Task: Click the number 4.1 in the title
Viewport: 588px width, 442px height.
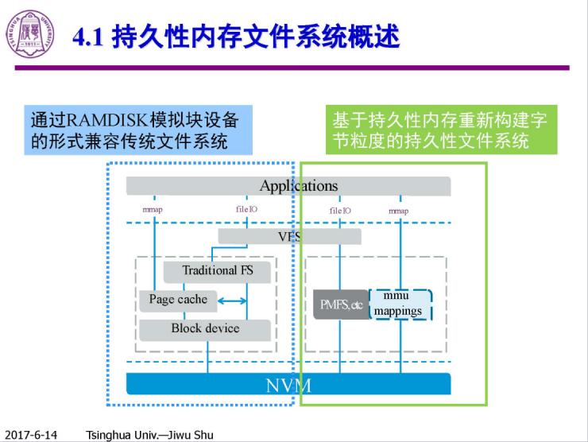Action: pos(88,37)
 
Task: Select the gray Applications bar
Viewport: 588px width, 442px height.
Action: pos(288,186)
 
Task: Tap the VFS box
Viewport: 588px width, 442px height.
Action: pos(289,236)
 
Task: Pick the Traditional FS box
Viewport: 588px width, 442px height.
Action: pos(217,270)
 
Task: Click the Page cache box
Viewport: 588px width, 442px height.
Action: pos(178,300)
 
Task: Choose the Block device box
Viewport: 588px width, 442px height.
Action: pos(205,328)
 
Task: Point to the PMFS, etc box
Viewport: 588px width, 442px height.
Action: pos(341,304)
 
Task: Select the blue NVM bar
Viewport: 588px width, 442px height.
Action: pos(288,386)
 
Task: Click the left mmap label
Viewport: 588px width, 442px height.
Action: pos(153,210)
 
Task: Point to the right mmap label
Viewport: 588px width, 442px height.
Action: pos(399,211)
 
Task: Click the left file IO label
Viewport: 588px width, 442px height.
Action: pos(246,210)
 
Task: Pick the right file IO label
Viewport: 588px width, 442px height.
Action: pos(340,211)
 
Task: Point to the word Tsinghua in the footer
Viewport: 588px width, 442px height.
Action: pos(108,435)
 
